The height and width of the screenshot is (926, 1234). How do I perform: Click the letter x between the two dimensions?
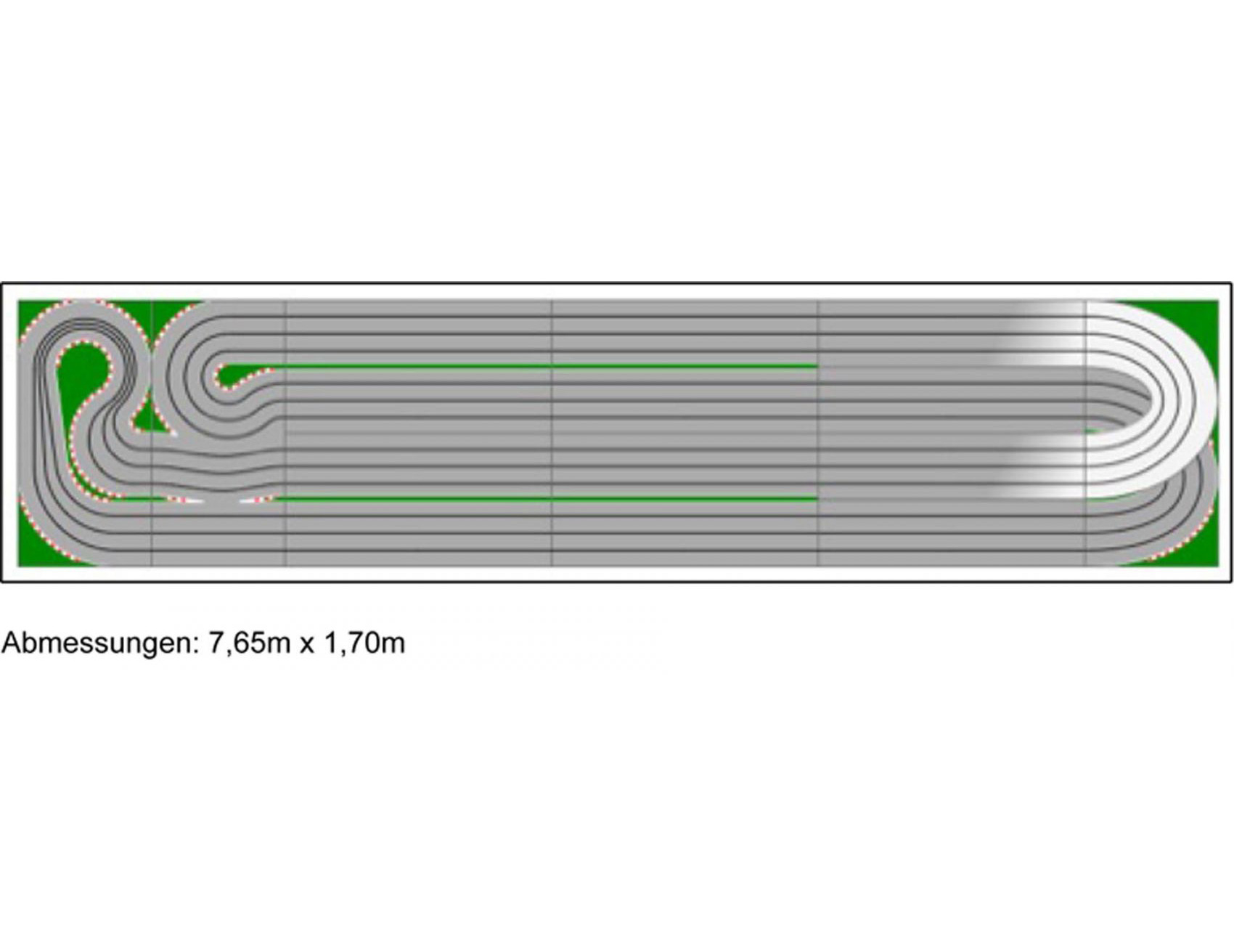(307, 646)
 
